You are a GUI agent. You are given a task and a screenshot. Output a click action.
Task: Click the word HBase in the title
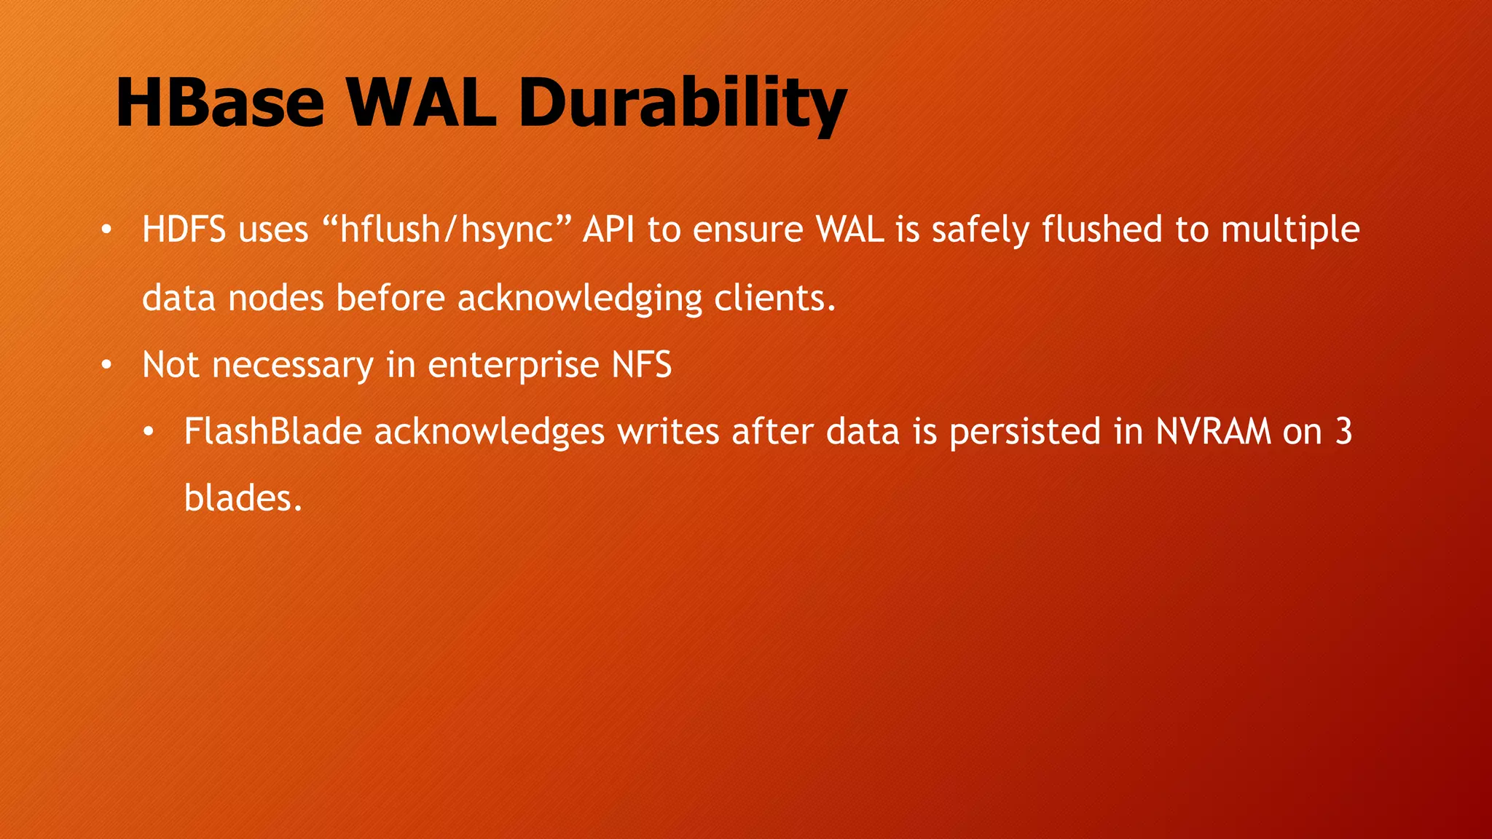pos(219,103)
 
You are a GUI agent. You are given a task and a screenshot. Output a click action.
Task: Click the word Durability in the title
pos(682,103)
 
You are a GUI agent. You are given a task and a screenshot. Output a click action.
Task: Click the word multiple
pos(1290,230)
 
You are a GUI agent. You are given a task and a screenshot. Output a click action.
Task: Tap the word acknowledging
pos(579,299)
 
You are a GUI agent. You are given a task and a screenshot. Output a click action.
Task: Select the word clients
pos(774,299)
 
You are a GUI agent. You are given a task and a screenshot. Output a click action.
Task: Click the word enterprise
pos(513,365)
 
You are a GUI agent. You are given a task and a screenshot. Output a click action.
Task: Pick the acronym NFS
pos(642,365)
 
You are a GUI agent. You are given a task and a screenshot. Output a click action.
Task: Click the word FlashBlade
pos(272,431)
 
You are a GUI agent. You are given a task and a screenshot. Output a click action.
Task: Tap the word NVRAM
pos(1213,431)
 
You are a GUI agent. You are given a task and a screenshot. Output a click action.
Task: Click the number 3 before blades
pos(1343,431)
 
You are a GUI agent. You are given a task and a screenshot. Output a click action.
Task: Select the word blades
pos(242,499)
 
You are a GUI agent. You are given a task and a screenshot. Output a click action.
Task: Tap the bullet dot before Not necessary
pos(106,366)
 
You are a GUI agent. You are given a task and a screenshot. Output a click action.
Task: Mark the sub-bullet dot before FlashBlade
pos(149,433)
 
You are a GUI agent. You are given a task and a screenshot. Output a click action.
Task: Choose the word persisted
pos(1024,431)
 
